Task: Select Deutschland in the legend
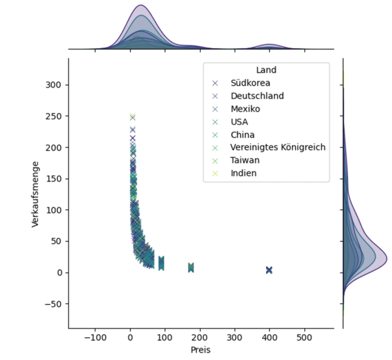tap(257, 96)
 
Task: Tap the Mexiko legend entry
tap(244, 109)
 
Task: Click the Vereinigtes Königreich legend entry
tap(278, 147)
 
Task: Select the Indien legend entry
tap(243, 173)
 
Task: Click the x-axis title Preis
tap(201, 350)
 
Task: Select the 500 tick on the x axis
tap(304, 337)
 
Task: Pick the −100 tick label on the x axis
tap(95, 337)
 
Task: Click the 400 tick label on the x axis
tap(269, 337)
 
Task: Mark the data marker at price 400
tap(269, 270)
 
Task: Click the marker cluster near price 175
tap(191, 267)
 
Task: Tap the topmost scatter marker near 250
tap(132, 117)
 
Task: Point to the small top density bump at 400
tap(269, 46)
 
